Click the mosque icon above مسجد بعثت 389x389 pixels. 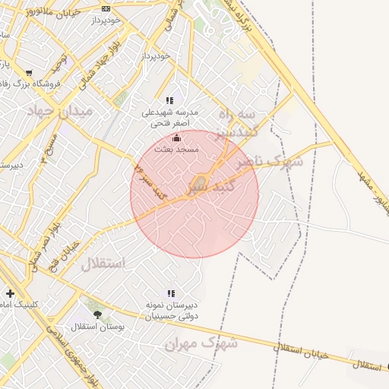click(x=177, y=138)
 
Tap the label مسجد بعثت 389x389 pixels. click(x=176, y=150)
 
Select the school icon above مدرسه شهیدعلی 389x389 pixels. click(x=170, y=100)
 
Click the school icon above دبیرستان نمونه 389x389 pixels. click(x=171, y=293)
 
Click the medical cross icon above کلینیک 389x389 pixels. click(x=10, y=293)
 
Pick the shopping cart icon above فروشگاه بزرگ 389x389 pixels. click(x=29, y=74)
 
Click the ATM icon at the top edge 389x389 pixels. click(x=106, y=8)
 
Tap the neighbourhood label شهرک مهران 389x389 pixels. click(x=201, y=343)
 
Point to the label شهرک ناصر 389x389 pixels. click(x=268, y=161)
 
